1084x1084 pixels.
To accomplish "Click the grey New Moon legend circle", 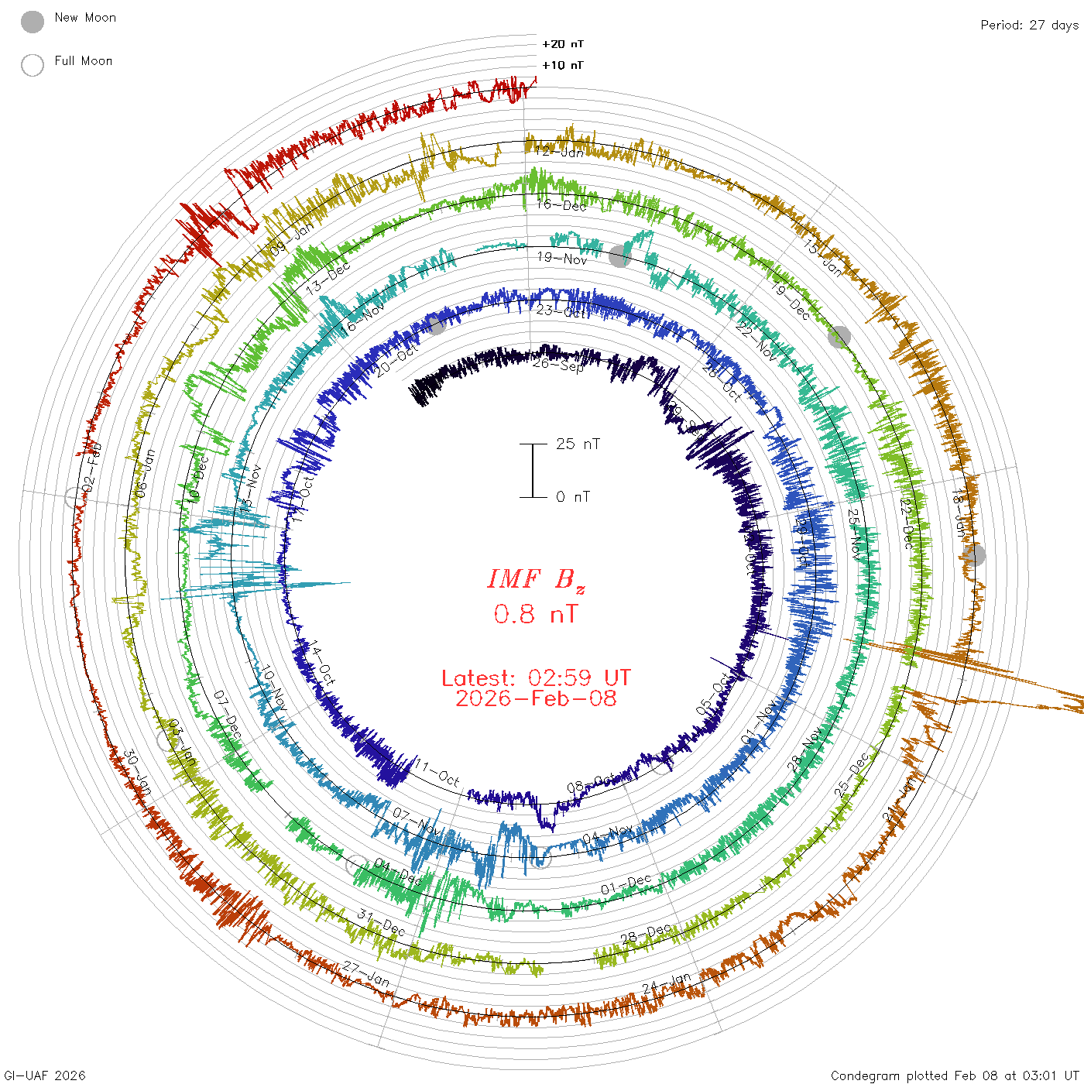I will [x=33, y=22].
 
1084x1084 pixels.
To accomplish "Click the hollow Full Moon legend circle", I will [x=33, y=65].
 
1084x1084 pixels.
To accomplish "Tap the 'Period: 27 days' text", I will [x=1029, y=25].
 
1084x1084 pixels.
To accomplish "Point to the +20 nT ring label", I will [x=563, y=44].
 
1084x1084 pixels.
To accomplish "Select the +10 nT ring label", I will [x=563, y=65].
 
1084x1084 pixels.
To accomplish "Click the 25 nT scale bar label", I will [x=578, y=444].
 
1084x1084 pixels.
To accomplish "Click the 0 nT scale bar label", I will [x=573, y=496].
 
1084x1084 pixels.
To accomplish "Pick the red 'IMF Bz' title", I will [x=536, y=579].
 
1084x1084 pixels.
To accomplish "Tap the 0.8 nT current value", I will [x=536, y=614].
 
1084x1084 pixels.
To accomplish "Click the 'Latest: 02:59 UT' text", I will [x=536, y=678].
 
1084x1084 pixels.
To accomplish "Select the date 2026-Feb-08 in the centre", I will [x=536, y=698].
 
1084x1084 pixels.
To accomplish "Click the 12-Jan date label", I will [x=560, y=151].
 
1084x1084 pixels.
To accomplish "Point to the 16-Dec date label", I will [x=562, y=204].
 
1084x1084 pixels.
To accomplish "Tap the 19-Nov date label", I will [x=562, y=258].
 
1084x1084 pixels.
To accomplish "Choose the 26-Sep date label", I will [x=558, y=364].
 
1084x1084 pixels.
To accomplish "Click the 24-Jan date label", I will [x=667, y=984].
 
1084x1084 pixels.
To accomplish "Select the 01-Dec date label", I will [x=626, y=884].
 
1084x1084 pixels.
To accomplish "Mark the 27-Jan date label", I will [x=366, y=973].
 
